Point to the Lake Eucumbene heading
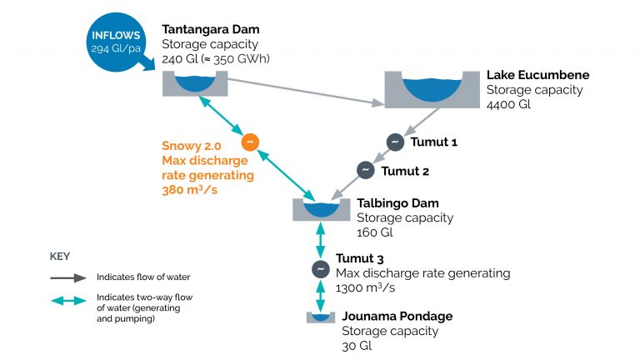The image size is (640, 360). [x=533, y=74]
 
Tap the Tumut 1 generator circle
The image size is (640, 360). [x=393, y=142]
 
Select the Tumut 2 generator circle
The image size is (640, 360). [x=365, y=170]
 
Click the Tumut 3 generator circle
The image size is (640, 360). [x=319, y=269]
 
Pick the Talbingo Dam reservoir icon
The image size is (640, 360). [x=322, y=209]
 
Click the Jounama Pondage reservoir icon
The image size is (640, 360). [x=320, y=317]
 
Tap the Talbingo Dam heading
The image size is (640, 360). [x=394, y=202]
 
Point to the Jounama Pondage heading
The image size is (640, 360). [x=397, y=316]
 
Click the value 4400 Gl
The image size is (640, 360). [x=507, y=105]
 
